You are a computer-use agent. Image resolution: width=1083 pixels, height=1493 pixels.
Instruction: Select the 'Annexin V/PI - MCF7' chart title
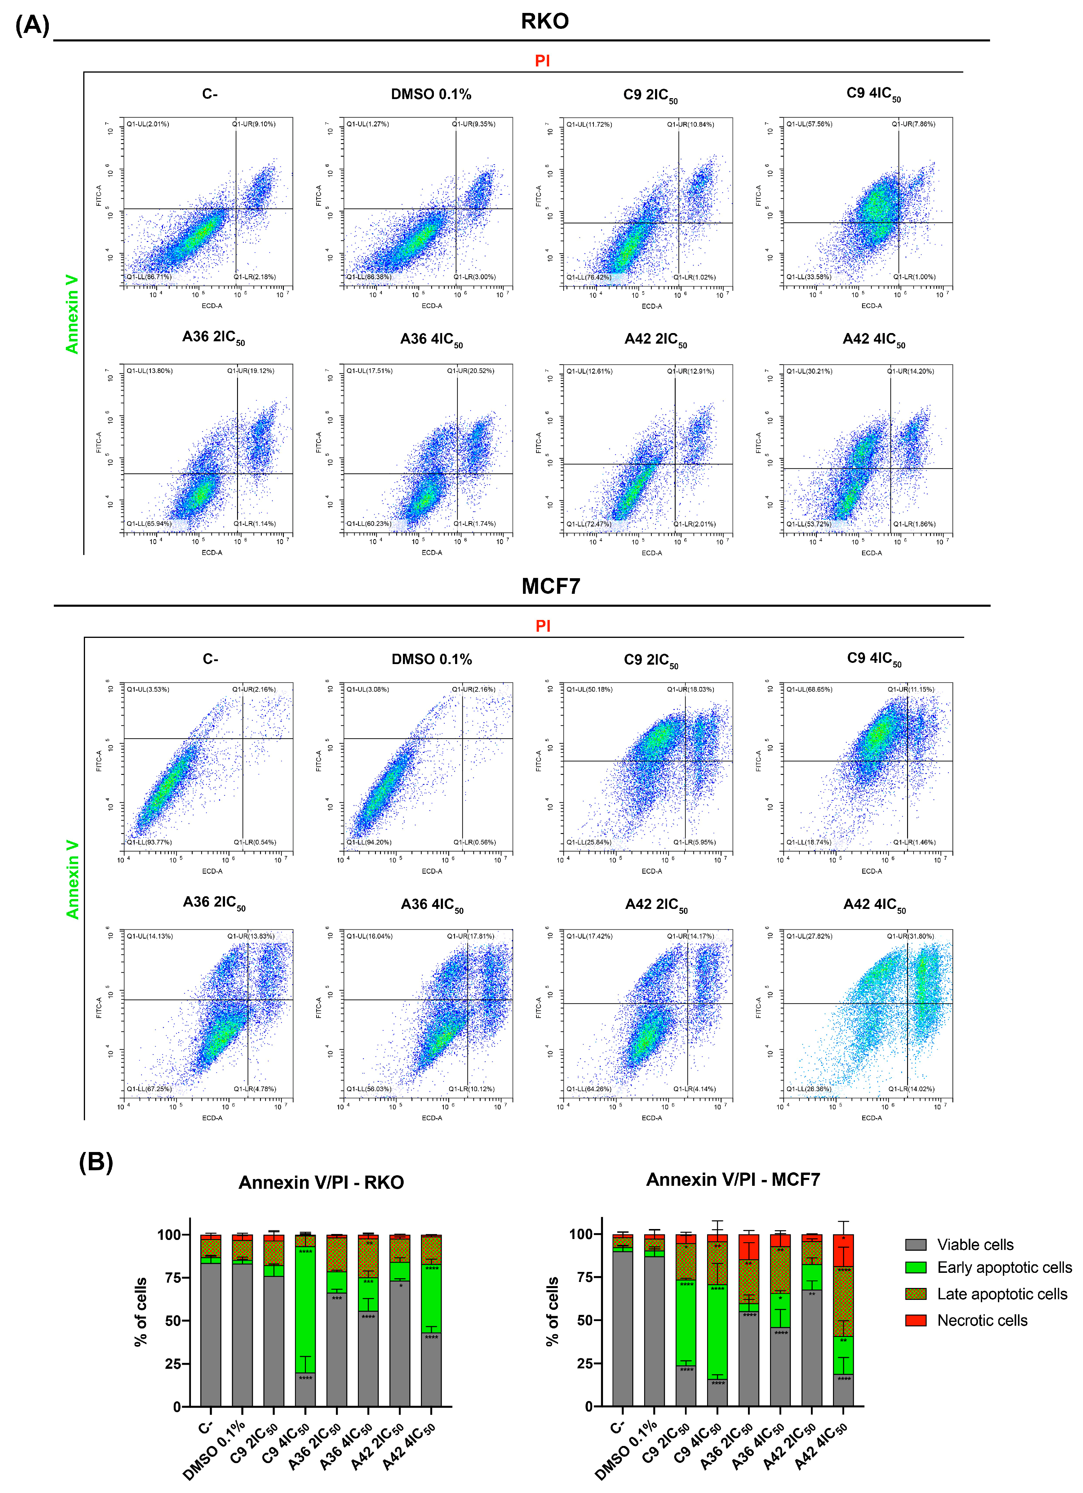click(x=733, y=1180)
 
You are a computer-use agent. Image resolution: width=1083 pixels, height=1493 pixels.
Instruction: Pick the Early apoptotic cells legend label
click(x=1004, y=1268)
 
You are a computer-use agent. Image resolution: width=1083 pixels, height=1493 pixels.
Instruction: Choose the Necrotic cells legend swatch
click(x=916, y=1320)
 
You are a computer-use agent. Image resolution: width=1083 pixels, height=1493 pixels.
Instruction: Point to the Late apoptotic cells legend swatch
click(x=916, y=1294)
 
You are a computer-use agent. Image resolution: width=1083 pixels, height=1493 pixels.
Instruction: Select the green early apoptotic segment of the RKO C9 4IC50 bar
click(x=305, y=1310)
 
